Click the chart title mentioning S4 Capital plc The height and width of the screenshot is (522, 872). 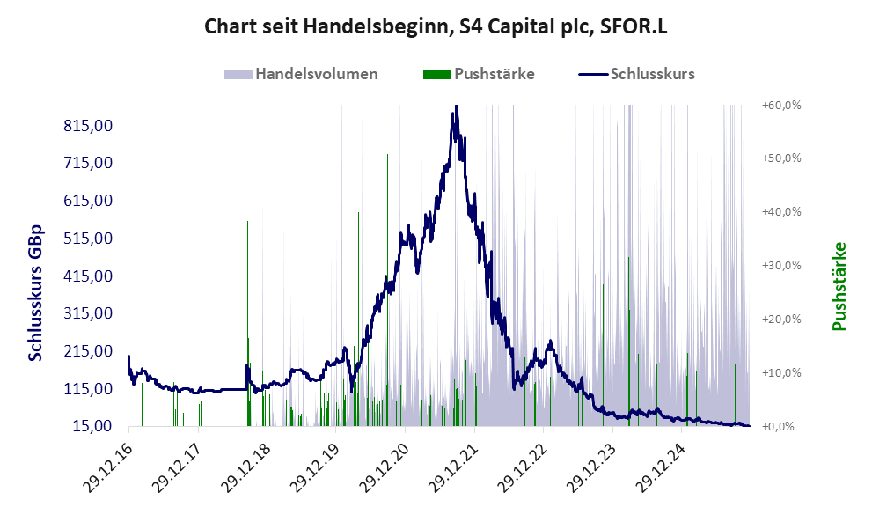click(436, 26)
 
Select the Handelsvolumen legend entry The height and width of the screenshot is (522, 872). click(316, 74)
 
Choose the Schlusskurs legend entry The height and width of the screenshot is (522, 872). click(652, 74)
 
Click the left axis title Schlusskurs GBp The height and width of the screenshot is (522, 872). click(36, 293)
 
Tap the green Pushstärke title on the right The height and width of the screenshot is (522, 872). click(838, 287)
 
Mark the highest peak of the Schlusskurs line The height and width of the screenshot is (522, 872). click(456, 107)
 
